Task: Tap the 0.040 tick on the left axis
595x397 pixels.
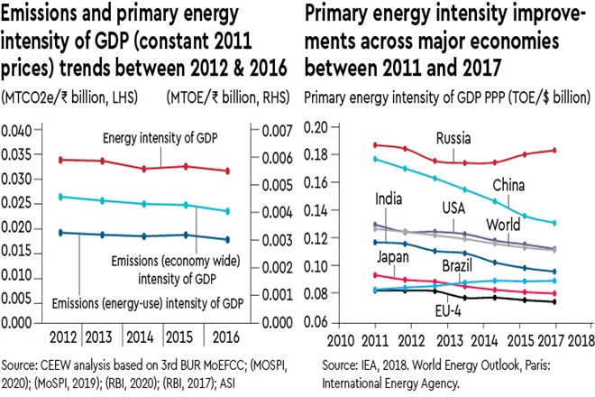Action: (20, 131)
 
